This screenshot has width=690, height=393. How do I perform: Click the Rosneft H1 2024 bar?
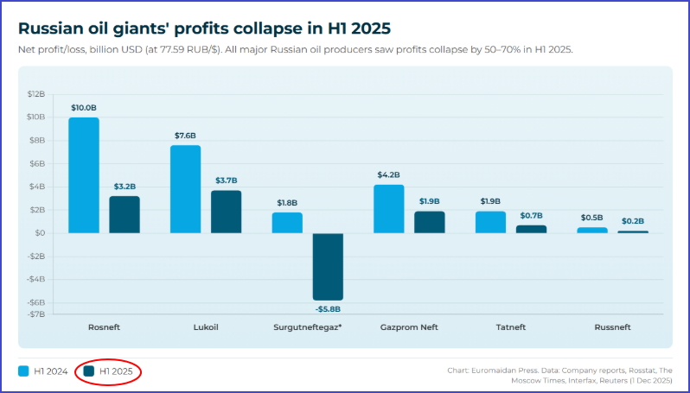84,175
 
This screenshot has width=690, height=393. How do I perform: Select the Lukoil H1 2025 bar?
227,212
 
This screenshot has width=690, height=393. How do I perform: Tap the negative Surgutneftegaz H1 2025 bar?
328,266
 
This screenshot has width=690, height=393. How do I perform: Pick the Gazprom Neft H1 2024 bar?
388,209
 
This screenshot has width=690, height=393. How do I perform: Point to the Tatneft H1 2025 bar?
532,229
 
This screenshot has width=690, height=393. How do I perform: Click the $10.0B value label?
84,108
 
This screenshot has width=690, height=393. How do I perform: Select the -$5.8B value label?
328,309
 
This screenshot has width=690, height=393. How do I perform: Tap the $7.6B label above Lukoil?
185,136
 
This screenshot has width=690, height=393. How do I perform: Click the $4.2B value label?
388,175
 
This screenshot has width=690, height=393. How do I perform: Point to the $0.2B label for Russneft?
633,222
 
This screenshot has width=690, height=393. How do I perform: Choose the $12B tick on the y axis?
36,93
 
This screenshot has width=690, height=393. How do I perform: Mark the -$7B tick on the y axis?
36,314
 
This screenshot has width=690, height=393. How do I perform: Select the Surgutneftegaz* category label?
307,328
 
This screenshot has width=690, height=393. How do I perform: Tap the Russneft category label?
612,328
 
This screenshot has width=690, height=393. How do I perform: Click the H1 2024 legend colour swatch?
23,371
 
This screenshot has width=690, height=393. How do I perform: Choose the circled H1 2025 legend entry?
108,371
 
